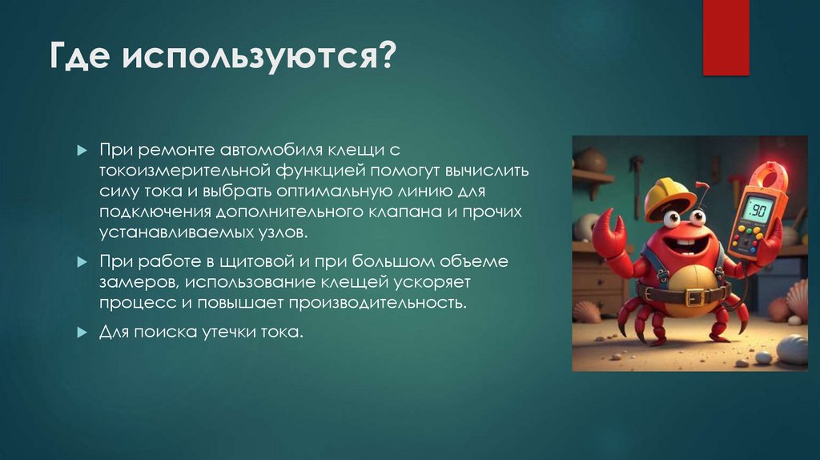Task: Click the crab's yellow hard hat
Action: click(669, 196)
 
